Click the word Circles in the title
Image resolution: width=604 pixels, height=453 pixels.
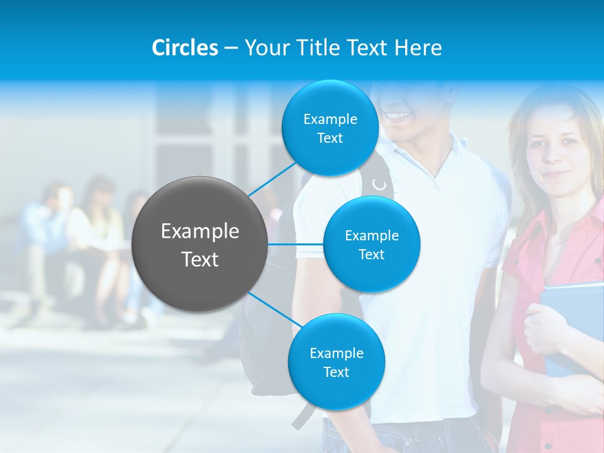tap(184, 48)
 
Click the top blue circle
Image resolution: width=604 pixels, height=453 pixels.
tap(330, 128)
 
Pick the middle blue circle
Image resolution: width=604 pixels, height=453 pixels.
tap(371, 244)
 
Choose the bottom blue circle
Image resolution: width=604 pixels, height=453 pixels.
tap(336, 362)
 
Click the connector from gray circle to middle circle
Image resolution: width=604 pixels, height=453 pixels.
tap(296, 244)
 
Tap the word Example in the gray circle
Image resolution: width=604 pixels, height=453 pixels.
tap(200, 232)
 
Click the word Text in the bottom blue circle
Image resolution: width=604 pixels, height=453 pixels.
tap(336, 372)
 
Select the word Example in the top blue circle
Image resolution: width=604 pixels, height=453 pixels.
tap(330, 119)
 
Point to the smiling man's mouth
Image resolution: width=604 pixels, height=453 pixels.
tap(397, 116)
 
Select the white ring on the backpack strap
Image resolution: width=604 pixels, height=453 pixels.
tap(379, 184)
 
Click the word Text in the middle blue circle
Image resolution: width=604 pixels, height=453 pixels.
tap(371, 254)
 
